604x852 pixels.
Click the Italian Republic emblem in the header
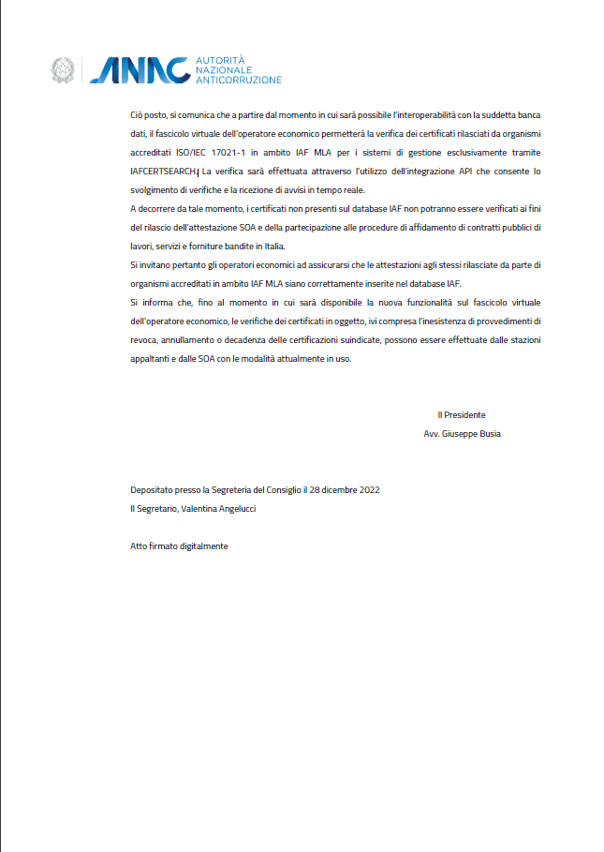(x=64, y=69)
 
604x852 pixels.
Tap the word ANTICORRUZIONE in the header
(x=238, y=81)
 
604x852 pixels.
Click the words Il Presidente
(x=462, y=414)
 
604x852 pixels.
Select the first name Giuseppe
(x=458, y=434)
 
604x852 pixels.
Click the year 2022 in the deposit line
(x=368, y=489)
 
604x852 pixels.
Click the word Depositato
(x=153, y=489)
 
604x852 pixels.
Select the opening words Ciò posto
(x=148, y=114)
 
